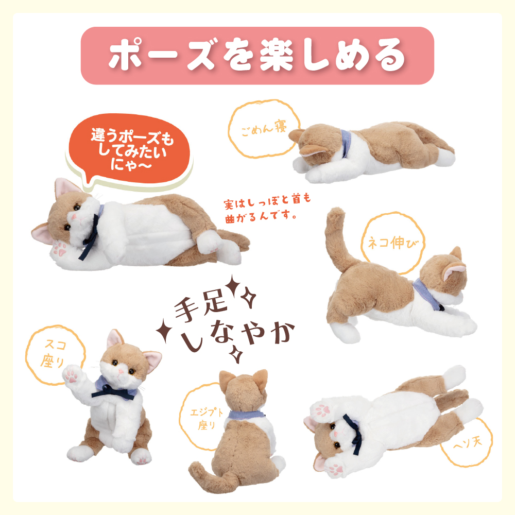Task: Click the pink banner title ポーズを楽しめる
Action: coord(257,55)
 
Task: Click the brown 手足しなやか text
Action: coord(232,327)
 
